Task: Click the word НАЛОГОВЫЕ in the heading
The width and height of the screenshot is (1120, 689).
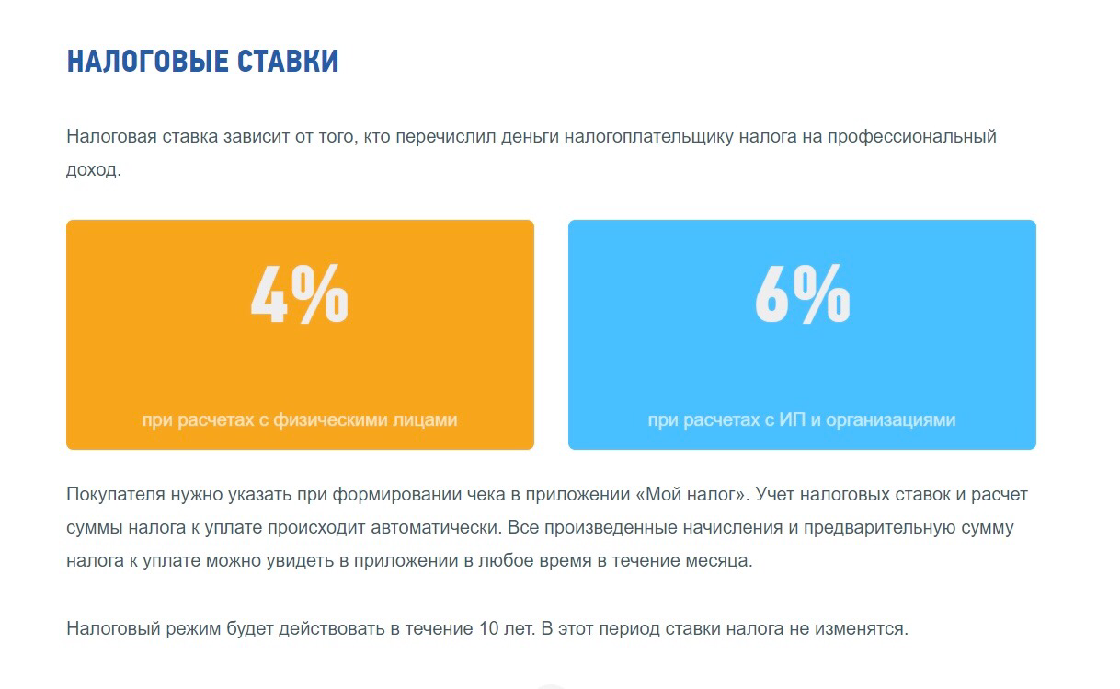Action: pyautogui.click(x=147, y=62)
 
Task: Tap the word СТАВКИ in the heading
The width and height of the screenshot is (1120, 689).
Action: pyautogui.click(x=288, y=62)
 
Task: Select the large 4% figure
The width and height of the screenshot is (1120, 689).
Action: pyautogui.click(x=299, y=293)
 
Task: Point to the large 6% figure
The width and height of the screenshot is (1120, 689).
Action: pyautogui.click(x=802, y=293)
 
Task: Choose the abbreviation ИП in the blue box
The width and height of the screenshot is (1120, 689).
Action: pyautogui.click(x=792, y=419)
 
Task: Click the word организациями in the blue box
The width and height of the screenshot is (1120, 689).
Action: pyautogui.click(x=890, y=420)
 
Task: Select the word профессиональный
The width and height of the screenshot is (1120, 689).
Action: pyautogui.click(x=911, y=137)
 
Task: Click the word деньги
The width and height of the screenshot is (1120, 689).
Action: pyautogui.click(x=530, y=137)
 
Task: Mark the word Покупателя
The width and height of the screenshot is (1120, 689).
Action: pyautogui.click(x=116, y=494)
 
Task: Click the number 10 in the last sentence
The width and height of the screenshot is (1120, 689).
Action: pyautogui.click(x=488, y=628)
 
